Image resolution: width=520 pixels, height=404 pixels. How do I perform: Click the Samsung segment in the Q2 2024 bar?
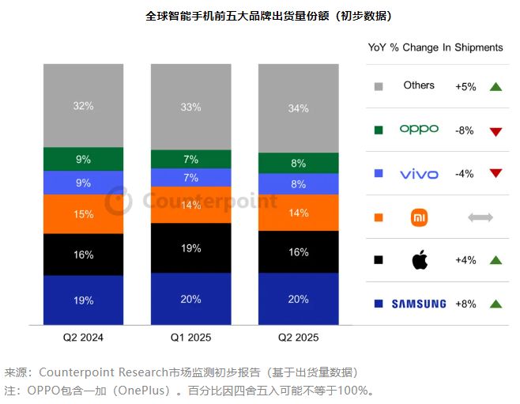83,300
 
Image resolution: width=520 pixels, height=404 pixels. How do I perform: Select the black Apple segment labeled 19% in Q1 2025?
190,247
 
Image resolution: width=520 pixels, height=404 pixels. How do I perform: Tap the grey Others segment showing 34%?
298,108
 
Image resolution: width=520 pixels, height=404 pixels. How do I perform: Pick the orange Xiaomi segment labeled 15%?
83,214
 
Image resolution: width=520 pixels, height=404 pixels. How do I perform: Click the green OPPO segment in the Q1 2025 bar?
190,159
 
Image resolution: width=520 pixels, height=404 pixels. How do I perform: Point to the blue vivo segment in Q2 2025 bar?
298,184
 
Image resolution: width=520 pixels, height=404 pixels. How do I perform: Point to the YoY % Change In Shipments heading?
435,47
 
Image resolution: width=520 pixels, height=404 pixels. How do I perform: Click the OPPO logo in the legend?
419,130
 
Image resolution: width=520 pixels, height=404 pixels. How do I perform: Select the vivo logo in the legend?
419,173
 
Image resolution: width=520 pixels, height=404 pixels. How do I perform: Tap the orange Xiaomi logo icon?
419,217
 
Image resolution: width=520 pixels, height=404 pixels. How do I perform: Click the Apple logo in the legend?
419,259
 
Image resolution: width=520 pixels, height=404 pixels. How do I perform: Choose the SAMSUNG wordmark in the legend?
419,304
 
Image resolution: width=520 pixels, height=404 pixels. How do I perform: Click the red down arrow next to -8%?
496,130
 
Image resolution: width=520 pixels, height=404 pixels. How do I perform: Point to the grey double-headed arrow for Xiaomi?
480,217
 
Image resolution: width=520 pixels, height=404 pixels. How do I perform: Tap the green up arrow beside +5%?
496,86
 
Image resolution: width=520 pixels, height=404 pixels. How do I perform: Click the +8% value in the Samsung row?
465,304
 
